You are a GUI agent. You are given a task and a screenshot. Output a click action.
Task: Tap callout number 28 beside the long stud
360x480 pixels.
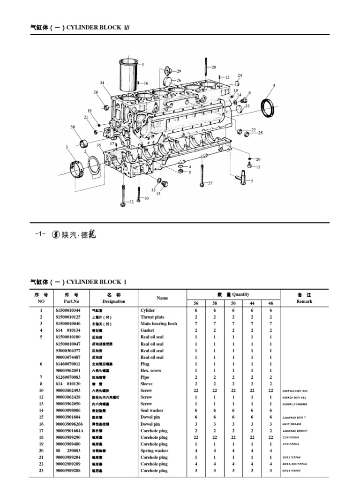point(214,67)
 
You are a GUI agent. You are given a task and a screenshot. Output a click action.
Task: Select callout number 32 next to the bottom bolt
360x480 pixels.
point(131,202)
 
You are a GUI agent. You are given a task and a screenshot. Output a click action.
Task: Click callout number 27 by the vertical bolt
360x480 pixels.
point(210,183)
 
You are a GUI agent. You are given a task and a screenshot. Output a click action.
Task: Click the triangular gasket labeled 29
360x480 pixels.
point(165,71)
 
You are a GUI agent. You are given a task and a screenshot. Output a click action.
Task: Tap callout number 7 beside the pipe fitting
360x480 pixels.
point(252,181)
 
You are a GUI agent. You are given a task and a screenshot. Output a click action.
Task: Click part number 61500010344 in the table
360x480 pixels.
point(68,310)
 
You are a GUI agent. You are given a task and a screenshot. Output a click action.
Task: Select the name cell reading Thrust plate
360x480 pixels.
point(152,317)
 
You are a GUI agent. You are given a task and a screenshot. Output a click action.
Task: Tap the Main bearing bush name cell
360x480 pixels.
point(158,323)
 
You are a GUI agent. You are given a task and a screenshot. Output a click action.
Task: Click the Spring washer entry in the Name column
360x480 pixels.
point(154,450)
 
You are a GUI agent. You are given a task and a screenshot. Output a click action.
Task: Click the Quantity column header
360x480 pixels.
point(233,294)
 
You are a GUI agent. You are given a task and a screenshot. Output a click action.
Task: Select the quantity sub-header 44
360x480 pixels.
point(252,303)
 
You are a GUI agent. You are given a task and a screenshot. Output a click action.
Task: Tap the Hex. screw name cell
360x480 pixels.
point(151,370)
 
